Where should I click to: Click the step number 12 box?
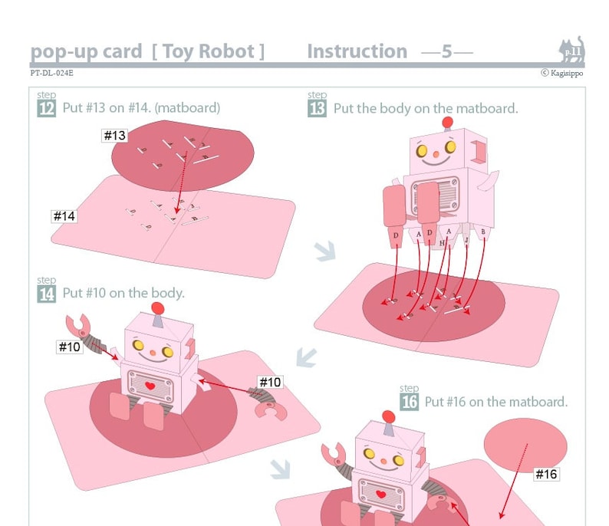coord(46,108)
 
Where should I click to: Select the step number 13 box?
coord(317,108)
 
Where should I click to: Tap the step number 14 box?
coord(46,293)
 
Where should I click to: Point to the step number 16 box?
coord(409,401)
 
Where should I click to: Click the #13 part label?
coord(114,136)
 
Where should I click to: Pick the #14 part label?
coord(64,216)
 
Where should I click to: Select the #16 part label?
coord(546,474)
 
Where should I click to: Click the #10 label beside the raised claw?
coord(69,347)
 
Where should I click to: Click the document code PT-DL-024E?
coord(52,74)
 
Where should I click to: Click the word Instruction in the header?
coord(357,51)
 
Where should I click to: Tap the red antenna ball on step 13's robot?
coord(447,123)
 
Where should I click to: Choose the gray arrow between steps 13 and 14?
coord(306,357)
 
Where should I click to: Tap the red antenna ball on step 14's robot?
coord(158,308)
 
